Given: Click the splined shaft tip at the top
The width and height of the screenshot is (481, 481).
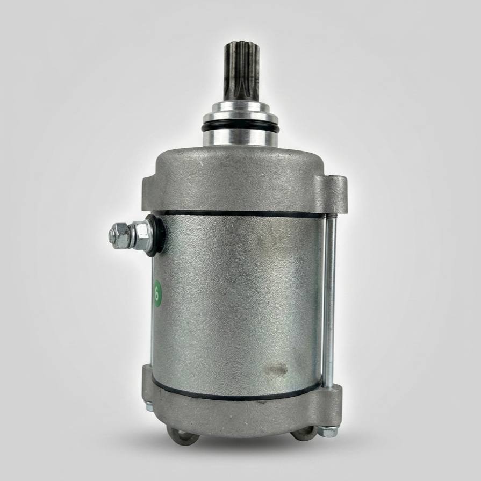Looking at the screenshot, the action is (242, 74).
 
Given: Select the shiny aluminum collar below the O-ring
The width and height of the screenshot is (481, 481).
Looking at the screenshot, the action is (240, 139).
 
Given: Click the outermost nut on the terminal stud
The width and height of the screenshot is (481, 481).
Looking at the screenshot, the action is (118, 235).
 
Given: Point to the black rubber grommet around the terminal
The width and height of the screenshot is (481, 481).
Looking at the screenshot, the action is (155, 235).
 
